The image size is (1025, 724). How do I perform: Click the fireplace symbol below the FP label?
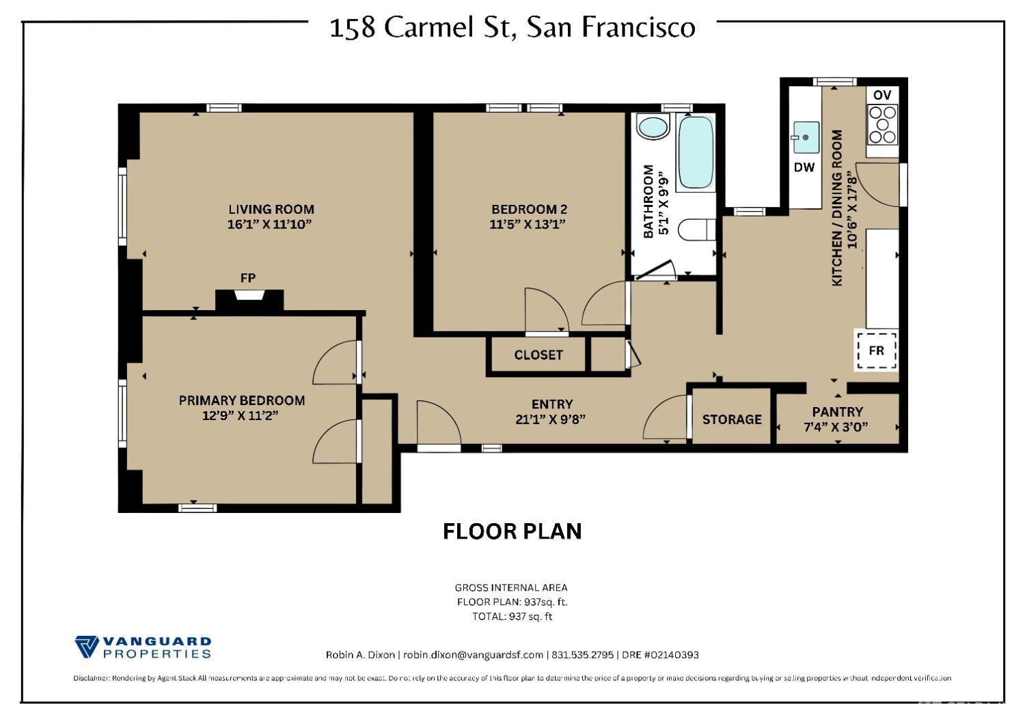(249, 296)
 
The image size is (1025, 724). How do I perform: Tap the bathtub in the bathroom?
(696, 152)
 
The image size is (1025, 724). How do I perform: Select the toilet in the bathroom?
(696, 229)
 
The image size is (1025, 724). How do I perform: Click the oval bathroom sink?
(653, 128)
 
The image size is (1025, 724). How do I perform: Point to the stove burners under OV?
(882, 125)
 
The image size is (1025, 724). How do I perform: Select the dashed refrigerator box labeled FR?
(877, 350)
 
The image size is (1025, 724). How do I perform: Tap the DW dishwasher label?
(804, 167)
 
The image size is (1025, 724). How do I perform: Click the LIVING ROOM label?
(271, 210)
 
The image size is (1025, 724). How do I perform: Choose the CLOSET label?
(538, 355)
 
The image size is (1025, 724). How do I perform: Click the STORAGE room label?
(732, 419)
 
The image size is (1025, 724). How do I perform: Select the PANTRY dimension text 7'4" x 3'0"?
(837, 428)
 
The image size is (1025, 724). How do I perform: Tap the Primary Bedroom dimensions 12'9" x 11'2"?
(241, 415)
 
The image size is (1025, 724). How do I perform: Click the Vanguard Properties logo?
(143, 647)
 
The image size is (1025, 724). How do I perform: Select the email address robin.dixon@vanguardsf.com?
(473, 655)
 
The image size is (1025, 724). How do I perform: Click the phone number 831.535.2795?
(582, 655)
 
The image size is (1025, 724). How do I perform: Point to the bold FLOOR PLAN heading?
(512, 531)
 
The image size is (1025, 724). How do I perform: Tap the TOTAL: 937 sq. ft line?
(512, 616)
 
